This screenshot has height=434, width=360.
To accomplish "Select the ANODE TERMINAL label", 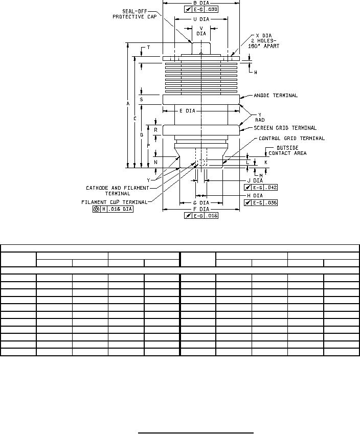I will pos(276,96).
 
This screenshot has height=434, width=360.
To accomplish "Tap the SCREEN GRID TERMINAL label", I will pos(285,128).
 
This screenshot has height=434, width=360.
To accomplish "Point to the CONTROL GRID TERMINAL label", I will pos(291,139).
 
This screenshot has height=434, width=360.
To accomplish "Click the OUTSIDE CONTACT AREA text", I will pos(287,151).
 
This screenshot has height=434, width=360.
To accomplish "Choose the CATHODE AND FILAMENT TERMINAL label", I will pos(117,191).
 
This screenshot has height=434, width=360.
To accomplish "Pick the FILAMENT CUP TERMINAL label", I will pos(114,202).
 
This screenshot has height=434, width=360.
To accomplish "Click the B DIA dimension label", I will pos(201,3).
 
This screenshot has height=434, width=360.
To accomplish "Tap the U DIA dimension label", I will pos(201,19).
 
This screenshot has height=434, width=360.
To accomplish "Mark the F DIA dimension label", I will pos(201,209).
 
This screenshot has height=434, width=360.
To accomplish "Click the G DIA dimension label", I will pos(201,203).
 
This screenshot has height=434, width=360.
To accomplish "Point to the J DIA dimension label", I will pos(255,180).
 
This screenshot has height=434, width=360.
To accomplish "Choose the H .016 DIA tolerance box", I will pos(113,209).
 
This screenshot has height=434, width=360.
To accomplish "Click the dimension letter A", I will pos(128,104).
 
